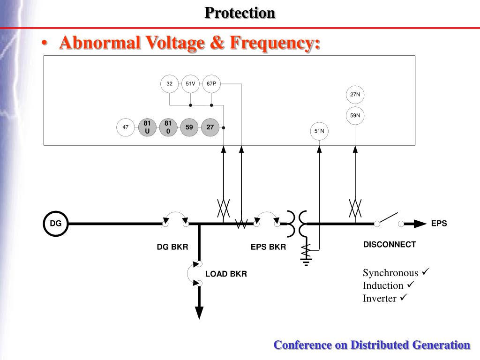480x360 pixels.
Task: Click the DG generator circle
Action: [x=56, y=224]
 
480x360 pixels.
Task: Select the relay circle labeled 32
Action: [x=169, y=84]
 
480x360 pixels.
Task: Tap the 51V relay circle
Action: [x=190, y=84]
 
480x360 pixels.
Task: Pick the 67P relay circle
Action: [x=211, y=84]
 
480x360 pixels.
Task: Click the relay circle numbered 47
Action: [x=126, y=127]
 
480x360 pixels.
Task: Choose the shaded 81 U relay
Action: [x=147, y=127]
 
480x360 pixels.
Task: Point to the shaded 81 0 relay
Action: [x=168, y=127]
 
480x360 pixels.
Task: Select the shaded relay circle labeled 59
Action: [x=189, y=127]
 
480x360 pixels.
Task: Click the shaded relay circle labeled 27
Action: [x=210, y=127]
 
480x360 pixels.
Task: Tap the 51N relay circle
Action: [x=319, y=131]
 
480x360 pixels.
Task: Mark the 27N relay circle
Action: [x=355, y=94]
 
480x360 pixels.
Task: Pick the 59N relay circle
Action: [x=355, y=115]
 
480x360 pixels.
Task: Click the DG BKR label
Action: [x=172, y=247]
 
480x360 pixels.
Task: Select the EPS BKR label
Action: [x=268, y=247]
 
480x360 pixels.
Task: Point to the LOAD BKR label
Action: [x=226, y=274]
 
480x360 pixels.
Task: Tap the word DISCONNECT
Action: [x=390, y=245]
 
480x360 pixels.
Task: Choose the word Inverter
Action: [x=379, y=299]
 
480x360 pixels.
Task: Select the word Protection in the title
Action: [x=240, y=13]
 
